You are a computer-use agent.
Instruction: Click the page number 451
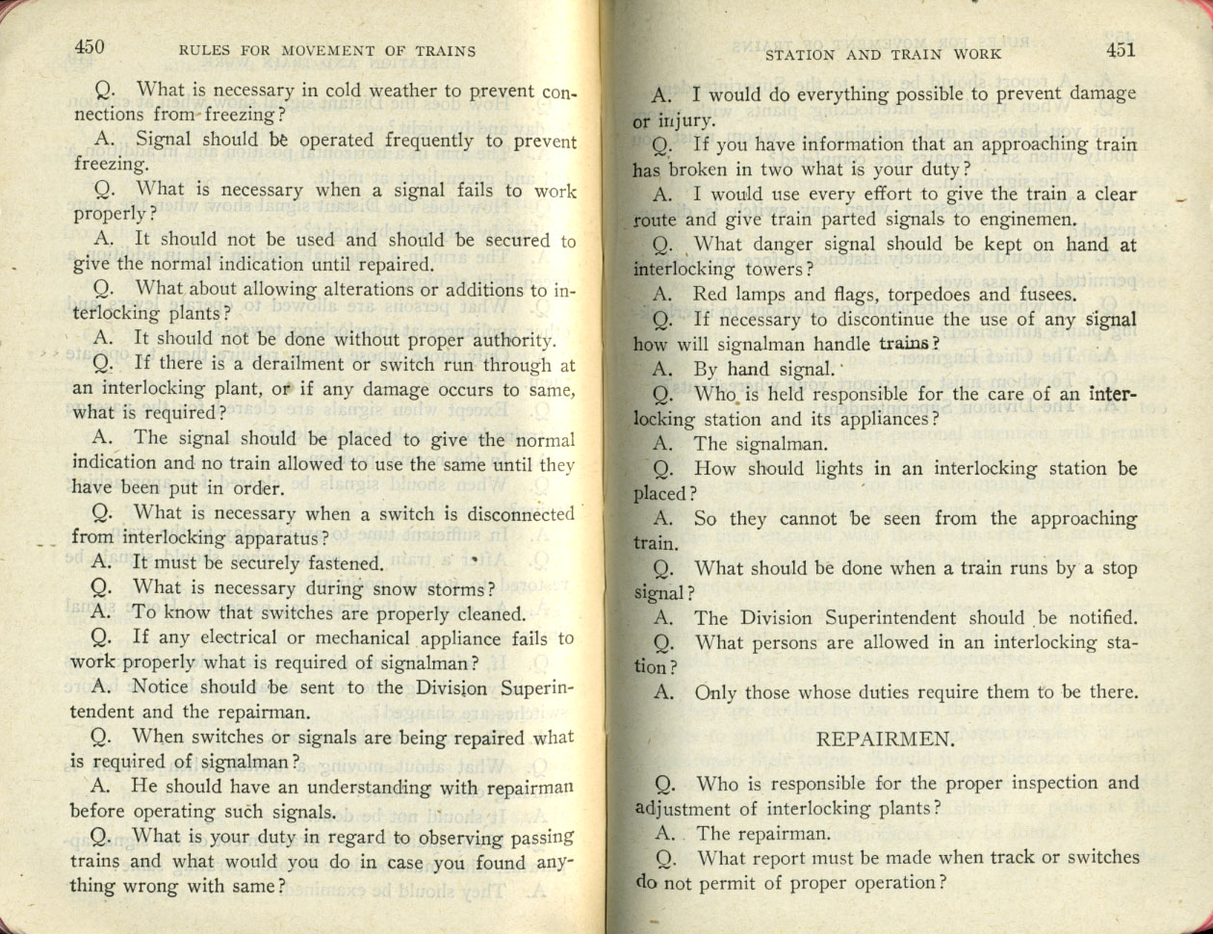1121,50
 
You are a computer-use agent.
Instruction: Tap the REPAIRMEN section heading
885,739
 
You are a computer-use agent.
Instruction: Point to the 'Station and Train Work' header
883,54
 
